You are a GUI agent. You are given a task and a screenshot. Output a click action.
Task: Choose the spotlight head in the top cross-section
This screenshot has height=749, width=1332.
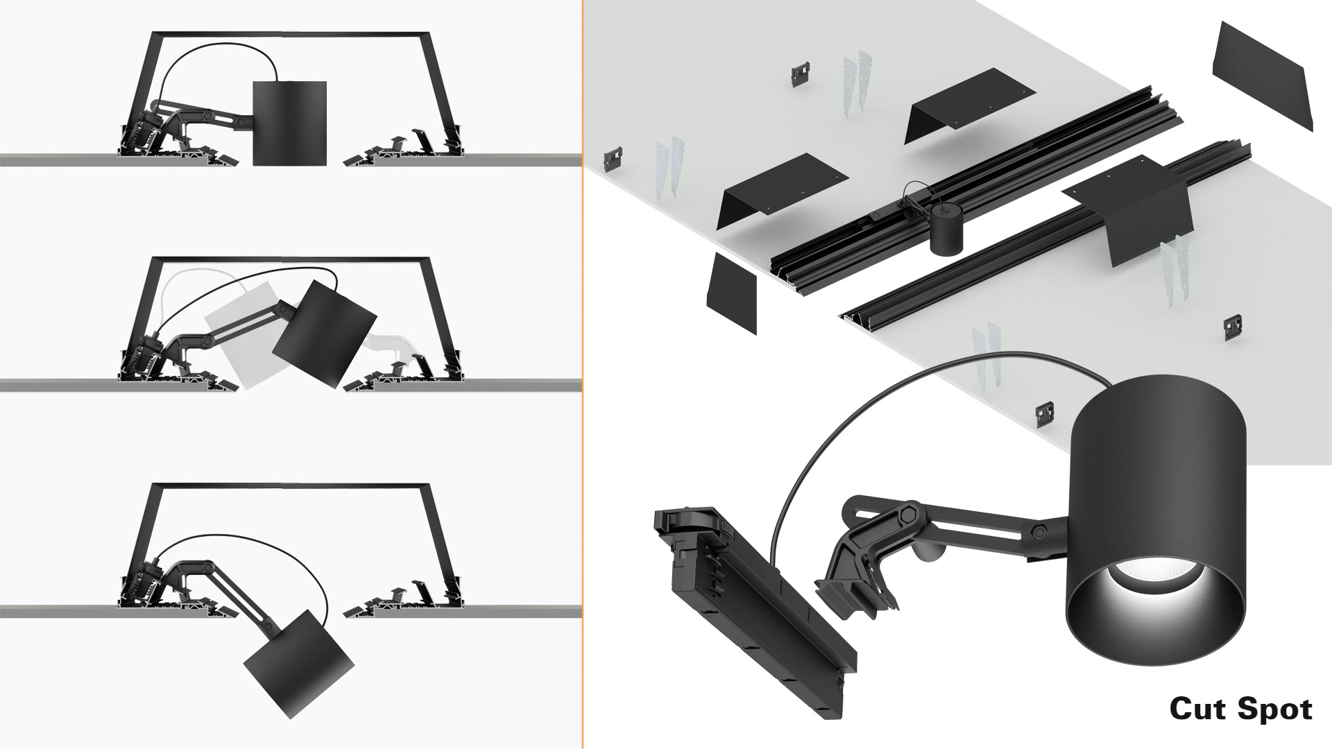click(289, 123)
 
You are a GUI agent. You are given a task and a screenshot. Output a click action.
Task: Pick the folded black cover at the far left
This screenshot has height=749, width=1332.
click(782, 191)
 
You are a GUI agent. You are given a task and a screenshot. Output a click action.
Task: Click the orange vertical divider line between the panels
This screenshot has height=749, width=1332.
click(583, 374)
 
